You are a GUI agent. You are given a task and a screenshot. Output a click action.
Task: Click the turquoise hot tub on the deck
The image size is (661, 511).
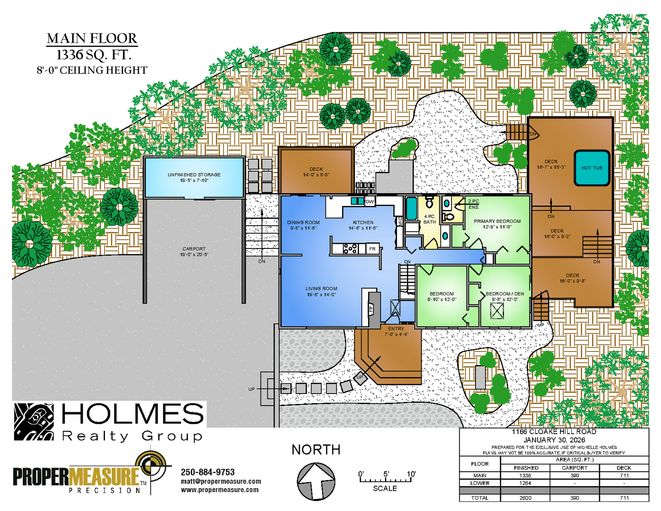click(x=592, y=168)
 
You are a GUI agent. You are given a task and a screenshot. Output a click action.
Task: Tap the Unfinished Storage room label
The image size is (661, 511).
click(x=194, y=177)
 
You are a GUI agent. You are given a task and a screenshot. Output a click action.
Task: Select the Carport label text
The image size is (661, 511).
click(x=194, y=252)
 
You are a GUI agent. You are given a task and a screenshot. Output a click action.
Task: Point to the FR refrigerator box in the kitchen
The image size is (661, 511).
click(x=372, y=249)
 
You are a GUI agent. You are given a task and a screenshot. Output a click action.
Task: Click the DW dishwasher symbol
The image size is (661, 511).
click(x=370, y=201)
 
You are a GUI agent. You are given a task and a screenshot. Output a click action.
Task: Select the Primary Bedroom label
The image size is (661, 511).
click(x=497, y=224)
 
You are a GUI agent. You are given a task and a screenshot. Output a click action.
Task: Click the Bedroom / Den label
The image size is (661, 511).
click(x=505, y=296)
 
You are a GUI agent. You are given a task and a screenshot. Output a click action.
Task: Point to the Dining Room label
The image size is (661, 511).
click(x=303, y=225)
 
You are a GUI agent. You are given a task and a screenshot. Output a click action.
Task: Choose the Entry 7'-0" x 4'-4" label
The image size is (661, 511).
click(x=396, y=332)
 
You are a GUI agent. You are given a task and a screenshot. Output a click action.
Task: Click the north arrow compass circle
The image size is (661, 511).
click(x=316, y=482)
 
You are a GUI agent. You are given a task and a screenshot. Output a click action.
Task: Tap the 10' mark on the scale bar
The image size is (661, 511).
click(x=411, y=474)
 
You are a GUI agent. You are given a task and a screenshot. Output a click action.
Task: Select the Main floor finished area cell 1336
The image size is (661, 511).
click(x=525, y=475)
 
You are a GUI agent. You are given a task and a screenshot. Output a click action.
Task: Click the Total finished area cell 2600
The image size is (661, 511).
click(x=525, y=498)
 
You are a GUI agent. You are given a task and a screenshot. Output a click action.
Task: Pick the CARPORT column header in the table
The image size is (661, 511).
click(x=575, y=468)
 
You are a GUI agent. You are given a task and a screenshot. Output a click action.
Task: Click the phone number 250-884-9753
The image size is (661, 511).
click(x=208, y=472)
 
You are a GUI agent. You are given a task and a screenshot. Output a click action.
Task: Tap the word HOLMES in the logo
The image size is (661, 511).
click(x=133, y=413)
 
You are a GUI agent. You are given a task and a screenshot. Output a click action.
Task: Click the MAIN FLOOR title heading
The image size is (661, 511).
click(x=92, y=38)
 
